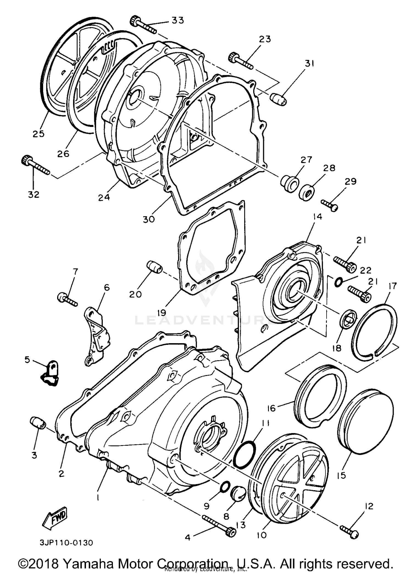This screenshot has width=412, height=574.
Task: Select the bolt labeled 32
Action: click(35, 165)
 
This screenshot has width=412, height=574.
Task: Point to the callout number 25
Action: click(38, 134)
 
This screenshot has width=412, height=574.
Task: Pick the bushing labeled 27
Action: click(289, 183)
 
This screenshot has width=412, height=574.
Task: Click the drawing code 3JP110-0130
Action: click(66, 543)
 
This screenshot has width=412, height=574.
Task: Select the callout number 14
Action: click(317, 217)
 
